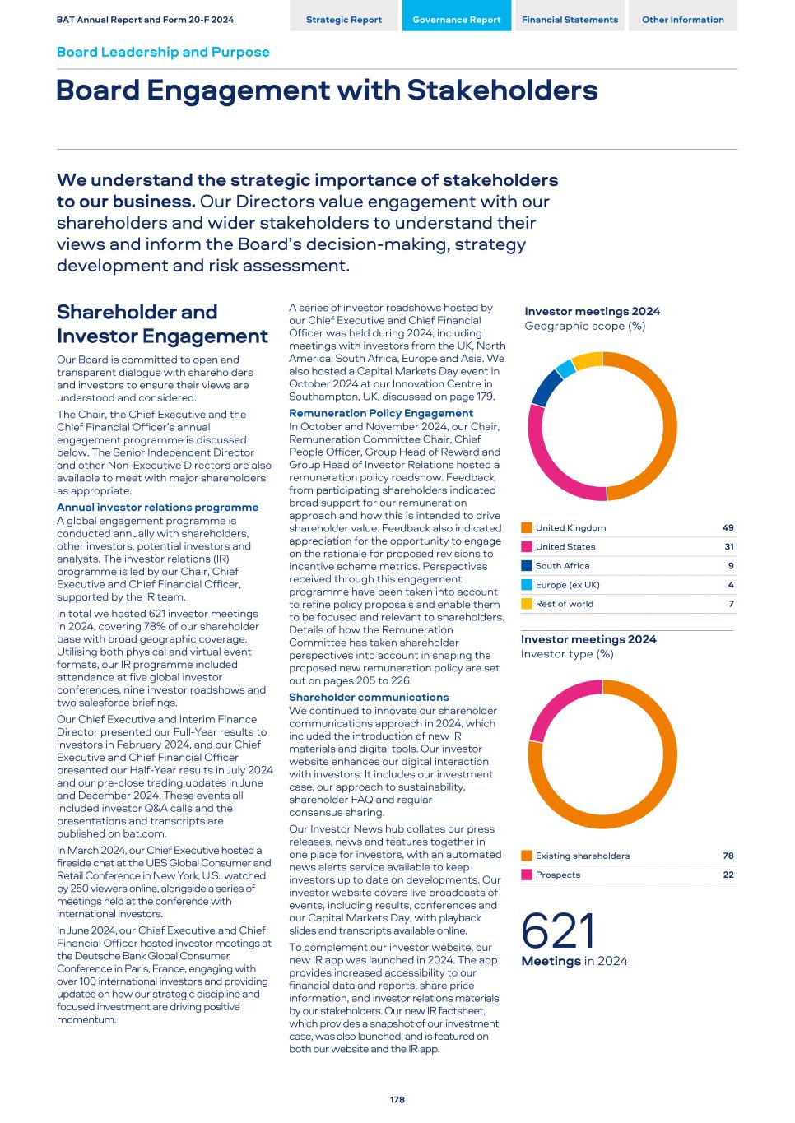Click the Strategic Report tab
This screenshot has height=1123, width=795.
tap(344, 20)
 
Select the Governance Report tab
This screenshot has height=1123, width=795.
tap(457, 20)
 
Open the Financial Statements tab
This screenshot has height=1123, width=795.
tap(570, 20)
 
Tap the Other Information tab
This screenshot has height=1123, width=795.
tap(683, 20)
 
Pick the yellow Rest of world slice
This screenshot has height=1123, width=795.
tap(587, 360)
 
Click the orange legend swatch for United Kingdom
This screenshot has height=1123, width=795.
tap(527, 528)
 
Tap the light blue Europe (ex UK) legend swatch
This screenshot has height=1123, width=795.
tap(527, 585)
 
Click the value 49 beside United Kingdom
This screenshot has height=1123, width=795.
tap(728, 528)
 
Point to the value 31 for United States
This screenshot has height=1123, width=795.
tap(728, 547)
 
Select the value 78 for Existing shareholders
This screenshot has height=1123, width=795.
tap(728, 856)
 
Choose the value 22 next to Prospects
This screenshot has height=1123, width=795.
tap(728, 875)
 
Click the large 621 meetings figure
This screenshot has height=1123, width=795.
tap(558, 931)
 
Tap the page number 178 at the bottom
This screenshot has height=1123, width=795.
tap(397, 1099)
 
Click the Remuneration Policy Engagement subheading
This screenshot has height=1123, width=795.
tap(381, 413)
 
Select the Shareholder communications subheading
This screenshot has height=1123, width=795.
tap(369, 698)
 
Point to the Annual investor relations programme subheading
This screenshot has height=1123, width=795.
tap(157, 508)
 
